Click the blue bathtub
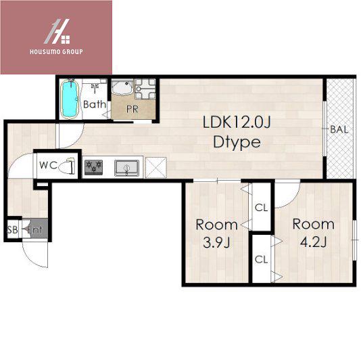click(70, 99)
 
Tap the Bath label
click(95, 104)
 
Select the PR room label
click(133, 109)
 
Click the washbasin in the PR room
click(122, 87)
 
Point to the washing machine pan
click(145, 89)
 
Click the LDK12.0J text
click(237, 122)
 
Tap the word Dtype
click(237, 142)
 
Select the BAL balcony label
click(339, 129)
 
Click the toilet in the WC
click(67, 166)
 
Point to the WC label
click(49, 165)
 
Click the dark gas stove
click(93, 166)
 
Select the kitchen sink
click(127, 168)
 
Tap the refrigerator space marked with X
click(156, 168)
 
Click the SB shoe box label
click(12, 229)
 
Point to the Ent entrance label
click(34, 229)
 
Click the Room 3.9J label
click(216, 233)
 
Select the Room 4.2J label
click(314, 233)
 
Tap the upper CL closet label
click(262, 208)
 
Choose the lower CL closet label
click(262, 260)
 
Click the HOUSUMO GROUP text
click(56, 51)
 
